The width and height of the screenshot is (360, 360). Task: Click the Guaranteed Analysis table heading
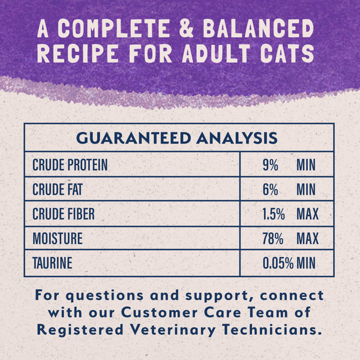point(177,138)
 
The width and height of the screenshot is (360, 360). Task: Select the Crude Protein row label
point(70,165)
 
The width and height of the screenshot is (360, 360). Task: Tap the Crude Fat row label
point(58,190)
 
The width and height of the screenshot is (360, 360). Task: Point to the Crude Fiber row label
point(64,214)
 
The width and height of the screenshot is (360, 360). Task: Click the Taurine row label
point(53,263)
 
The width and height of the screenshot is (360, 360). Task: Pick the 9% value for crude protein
point(270,165)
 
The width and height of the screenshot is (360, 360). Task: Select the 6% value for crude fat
point(270,190)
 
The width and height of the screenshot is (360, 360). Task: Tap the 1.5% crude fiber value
point(274,214)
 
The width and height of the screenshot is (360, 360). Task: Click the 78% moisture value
point(272,239)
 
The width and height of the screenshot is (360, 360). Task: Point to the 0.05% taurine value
point(278,263)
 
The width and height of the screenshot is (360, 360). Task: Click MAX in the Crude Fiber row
point(307,214)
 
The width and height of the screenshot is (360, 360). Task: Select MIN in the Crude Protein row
point(306,165)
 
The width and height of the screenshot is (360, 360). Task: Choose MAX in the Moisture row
point(307,239)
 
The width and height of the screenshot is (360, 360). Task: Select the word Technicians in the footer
point(282,329)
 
